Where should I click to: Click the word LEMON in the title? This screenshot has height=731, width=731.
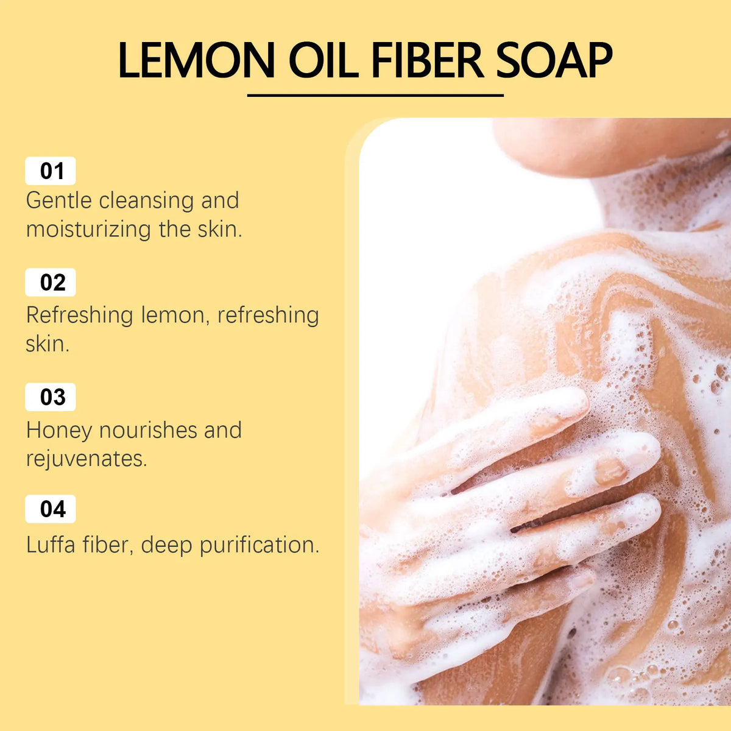point(196,60)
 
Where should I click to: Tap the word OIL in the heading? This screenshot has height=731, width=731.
point(323,60)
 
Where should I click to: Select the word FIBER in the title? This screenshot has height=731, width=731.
point(428,60)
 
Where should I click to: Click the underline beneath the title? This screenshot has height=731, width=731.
point(375,95)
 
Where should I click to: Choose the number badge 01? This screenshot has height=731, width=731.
point(51,171)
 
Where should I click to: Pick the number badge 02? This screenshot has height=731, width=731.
point(51,282)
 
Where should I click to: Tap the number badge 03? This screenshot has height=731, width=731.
point(51,397)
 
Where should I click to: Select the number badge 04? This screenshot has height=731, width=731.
point(51,509)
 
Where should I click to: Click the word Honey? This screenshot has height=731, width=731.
point(59,431)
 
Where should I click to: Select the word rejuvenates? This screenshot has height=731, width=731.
point(86,459)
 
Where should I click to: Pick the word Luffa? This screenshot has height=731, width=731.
point(51,545)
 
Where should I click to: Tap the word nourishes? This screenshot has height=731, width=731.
point(148,430)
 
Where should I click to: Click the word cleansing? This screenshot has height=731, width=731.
point(146,201)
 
